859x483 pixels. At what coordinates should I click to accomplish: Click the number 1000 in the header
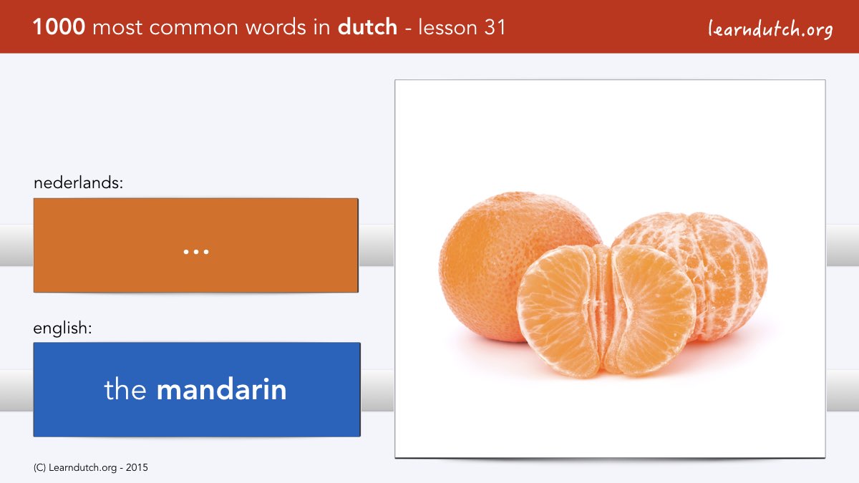pos(59,27)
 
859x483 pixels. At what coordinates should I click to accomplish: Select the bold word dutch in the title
pos(367,26)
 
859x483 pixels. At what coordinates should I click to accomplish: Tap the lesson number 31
pos(495,27)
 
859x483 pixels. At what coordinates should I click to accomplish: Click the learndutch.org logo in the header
pos(770,29)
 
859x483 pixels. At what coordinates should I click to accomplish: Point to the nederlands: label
pos(78,182)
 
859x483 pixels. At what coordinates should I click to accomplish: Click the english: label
pos(62,328)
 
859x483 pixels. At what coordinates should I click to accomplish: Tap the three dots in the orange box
pos(196,252)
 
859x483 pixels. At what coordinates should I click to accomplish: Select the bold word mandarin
pos(222,389)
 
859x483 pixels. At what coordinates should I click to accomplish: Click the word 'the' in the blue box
pos(125,389)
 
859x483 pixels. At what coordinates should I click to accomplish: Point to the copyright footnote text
pos(90,468)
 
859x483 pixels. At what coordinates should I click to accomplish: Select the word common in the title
pos(194,28)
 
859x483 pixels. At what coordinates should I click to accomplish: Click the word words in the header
pos(276,27)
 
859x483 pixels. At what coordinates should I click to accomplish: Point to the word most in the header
pos(117,28)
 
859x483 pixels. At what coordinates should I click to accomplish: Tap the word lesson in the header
pos(447,27)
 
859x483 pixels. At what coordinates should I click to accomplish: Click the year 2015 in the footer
pos(137,468)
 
